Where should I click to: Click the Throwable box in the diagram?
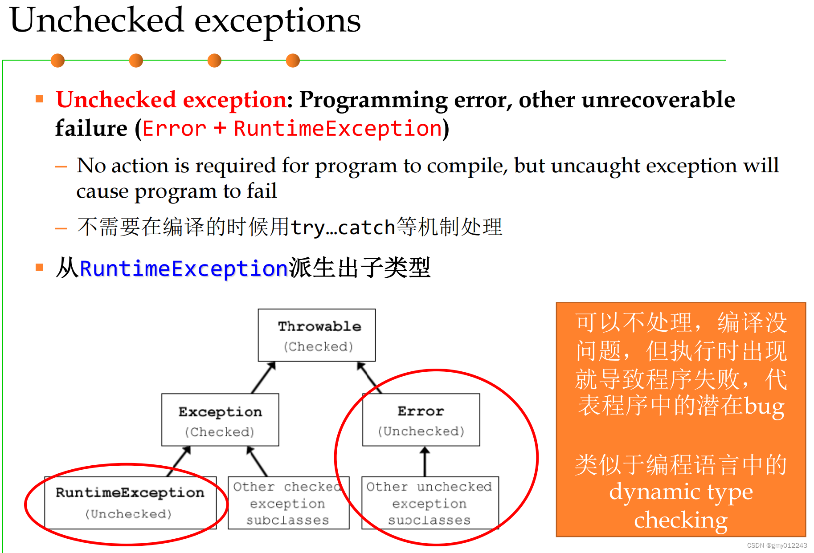pyautogui.click(x=317, y=335)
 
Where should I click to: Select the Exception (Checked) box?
pyautogui.click(x=220, y=419)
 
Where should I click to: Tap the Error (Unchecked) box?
pyautogui.click(x=421, y=419)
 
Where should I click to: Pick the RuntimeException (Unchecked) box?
pyautogui.click(x=130, y=502)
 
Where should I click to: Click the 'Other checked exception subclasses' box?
pyautogui.click(x=288, y=503)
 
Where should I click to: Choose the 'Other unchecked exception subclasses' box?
pyautogui.click(x=429, y=503)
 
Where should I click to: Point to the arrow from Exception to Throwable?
pyautogui.click(x=263, y=377)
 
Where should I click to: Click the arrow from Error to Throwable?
pyautogui.click(x=369, y=377)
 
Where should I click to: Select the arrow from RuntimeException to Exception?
pyautogui.click(x=179, y=461)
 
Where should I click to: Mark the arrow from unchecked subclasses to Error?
pyautogui.click(x=425, y=461)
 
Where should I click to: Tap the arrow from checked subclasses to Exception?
pyautogui.click(x=258, y=461)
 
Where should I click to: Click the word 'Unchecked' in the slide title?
pyautogui.click(x=97, y=20)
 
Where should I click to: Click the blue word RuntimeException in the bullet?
pyautogui.click(x=184, y=268)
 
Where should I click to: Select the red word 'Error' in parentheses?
pyautogui.click(x=174, y=129)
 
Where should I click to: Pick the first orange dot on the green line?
pyautogui.click(x=57, y=60)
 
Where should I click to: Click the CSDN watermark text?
pyautogui.click(x=777, y=545)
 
